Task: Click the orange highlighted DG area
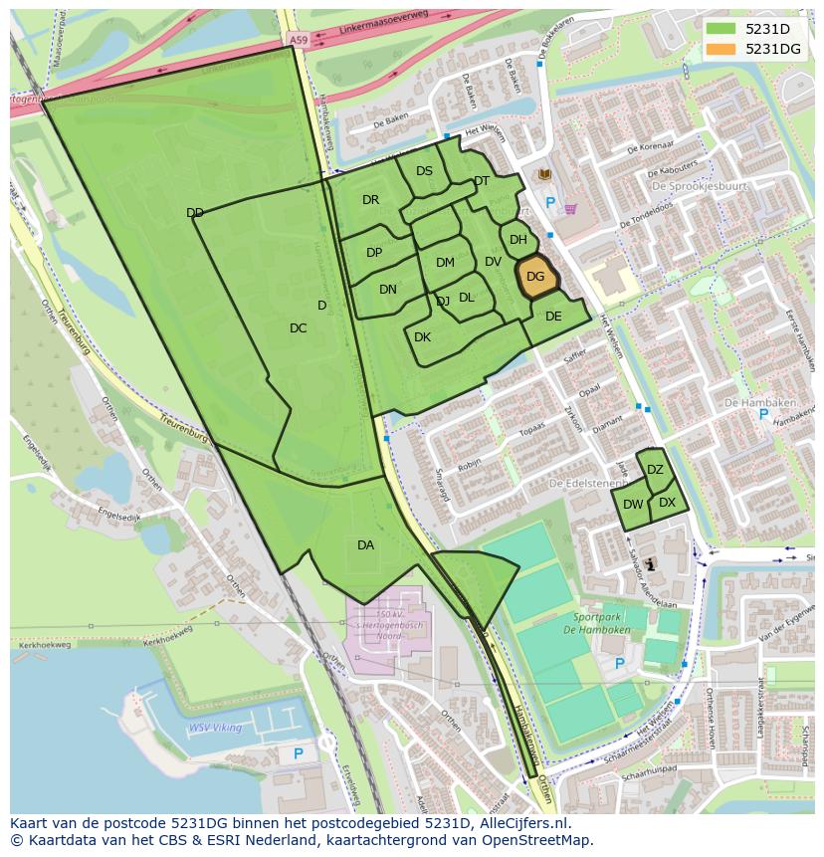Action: (535, 278)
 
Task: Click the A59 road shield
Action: (299, 39)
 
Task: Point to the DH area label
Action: (518, 240)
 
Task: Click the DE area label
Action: (553, 317)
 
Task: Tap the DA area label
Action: (365, 544)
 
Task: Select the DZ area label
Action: (655, 470)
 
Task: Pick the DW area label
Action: (633, 505)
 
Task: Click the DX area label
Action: (667, 503)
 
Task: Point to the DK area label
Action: (422, 337)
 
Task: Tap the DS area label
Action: (424, 171)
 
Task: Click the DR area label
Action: (370, 200)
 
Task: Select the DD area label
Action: (195, 213)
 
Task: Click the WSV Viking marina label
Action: (215, 728)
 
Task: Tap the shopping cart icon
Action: (570, 209)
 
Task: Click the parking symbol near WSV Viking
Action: (299, 754)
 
